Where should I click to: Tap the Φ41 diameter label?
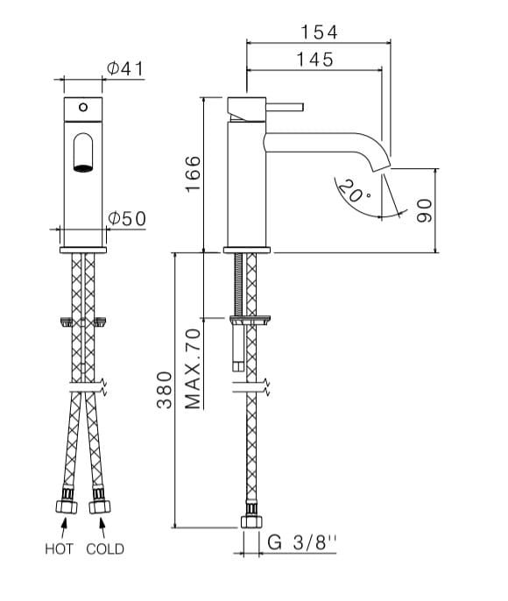pyautogui.click(x=125, y=69)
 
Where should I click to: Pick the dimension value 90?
pyautogui.click(x=425, y=210)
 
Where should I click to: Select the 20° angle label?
pyautogui.click(x=355, y=192)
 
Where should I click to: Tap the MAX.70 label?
pyautogui.click(x=194, y=368)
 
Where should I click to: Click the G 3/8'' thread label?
pyautogui.click(x=302, y=544)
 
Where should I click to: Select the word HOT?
pyautogui.click(x=59, y=550)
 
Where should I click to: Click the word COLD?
pyautogui.click(x=105, y=550)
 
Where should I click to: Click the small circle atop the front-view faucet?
pyautogui.click(x=82, y=107)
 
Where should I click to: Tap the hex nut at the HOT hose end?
pyautogui.click(x=64, y=506)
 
